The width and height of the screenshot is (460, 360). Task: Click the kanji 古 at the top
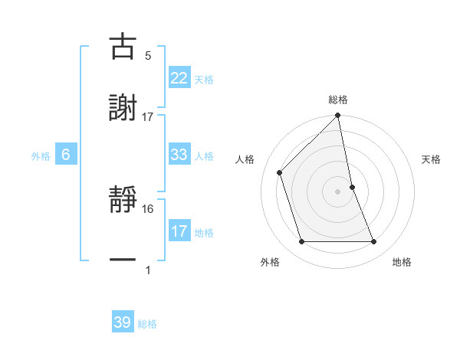[123, 47]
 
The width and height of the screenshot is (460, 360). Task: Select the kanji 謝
[123, 108]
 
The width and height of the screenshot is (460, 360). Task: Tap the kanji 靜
[123, 201]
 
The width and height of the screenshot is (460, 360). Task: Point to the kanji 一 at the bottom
[123, 261]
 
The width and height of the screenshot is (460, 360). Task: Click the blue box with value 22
[179, 77]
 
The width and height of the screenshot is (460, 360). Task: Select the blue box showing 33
[179, 155]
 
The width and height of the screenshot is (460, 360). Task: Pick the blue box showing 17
[179, 231]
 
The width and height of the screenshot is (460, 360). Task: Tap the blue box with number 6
[65, 155]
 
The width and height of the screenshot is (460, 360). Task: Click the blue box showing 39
[123, 322]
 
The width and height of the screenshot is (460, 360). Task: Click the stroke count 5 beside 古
[148, 56]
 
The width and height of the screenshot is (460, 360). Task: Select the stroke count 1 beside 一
[148, 270]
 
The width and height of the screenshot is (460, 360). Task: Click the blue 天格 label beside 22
[204, 79]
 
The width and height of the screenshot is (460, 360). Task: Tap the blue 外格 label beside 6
[41, 156]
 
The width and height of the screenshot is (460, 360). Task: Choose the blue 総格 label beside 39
[147, 324]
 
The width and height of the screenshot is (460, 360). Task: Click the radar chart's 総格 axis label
[338, 100]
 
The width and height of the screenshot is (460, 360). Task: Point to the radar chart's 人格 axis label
[247, 159]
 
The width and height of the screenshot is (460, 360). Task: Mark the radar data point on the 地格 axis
[374, 242]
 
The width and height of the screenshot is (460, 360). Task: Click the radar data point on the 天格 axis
[352, 187]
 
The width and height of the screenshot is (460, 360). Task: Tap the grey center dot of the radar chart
[338, 191]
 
